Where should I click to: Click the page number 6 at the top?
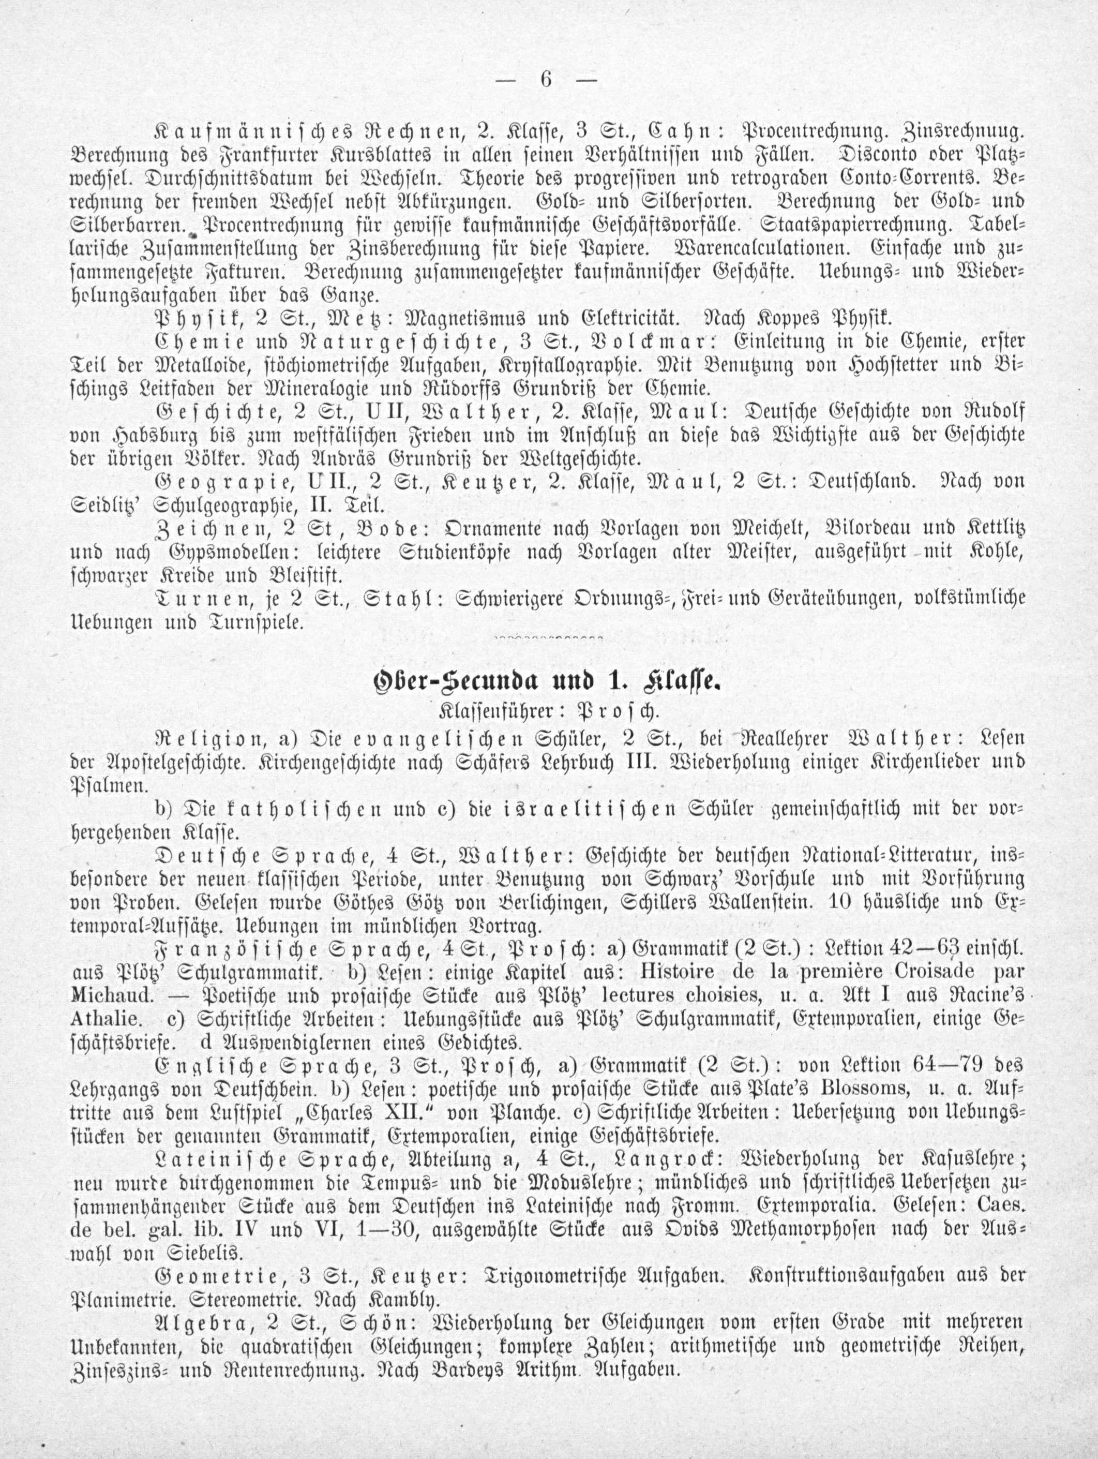tap(546, 79)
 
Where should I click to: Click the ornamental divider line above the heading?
tap(549, 638)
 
